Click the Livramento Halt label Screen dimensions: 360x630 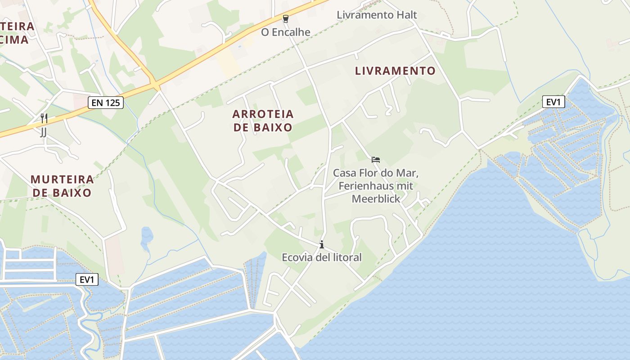pos(377,15)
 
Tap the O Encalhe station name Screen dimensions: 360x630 pos(286,32)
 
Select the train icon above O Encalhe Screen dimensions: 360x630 pos(285,19)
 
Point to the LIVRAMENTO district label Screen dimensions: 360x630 pos(395,71)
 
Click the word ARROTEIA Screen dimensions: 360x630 pos(263,114)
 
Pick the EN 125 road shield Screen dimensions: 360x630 pos(106,103)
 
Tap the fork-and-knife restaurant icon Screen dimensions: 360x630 pos(44,119)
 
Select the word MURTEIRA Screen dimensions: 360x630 pos(62,180)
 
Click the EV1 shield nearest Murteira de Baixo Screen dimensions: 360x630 pos(87,279)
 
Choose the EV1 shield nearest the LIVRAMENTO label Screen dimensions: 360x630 pos(553,102)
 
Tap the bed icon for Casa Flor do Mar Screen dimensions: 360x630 pos(376,159)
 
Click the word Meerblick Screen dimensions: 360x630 pos(376,198)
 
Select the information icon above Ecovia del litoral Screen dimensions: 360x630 pos(321,245)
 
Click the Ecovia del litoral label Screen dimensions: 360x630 pos(321,257)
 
